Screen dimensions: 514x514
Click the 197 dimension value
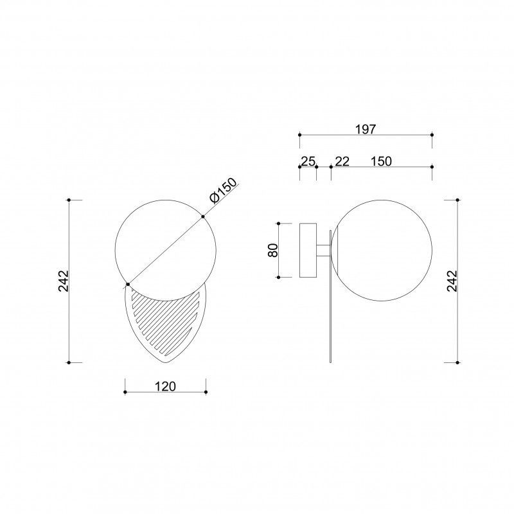click(x=366, y=130)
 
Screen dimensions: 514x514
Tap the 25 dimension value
click(x=308, y=161)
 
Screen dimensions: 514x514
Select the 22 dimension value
click(x=342, y=161)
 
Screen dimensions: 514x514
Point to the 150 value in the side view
click(x=381, y=161)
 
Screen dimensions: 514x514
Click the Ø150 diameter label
click(x=223, y=191)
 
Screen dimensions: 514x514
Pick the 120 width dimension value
click(x=165, y=387)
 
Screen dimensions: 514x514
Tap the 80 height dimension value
click(x=274, y=250)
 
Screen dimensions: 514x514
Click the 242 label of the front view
click(x=63, y=281)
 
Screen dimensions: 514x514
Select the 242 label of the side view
click(x=452, y=281)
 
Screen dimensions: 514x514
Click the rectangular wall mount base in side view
click(x=308, y=250)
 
